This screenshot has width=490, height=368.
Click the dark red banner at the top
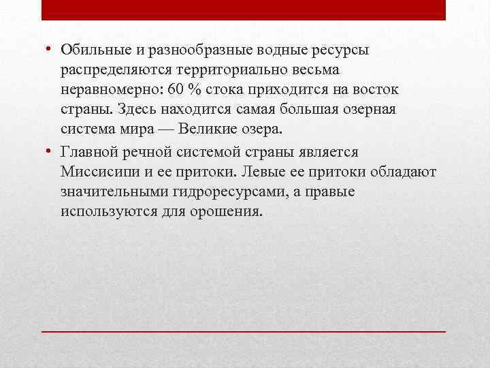tap(244, 10)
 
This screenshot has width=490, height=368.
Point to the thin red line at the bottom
tap(244, 331)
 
